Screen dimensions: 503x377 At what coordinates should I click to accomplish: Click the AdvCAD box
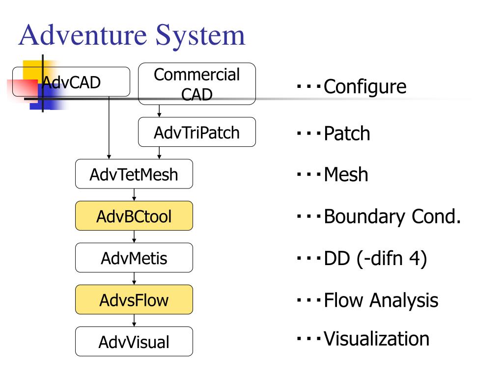click(71, 82)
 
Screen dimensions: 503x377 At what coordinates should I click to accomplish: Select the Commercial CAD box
click(197, 83)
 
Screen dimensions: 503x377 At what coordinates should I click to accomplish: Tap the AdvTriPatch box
click(197, 132)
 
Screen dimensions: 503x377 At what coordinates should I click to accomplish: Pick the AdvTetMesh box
click(134, 174)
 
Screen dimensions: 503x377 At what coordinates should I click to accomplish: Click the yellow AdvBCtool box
click(134, 216)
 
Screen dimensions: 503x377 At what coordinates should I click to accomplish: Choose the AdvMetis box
click(134, 258)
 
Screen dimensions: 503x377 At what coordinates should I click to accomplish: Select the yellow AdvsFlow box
click(134, 300)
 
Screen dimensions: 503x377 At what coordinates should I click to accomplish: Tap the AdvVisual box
click(134, 342)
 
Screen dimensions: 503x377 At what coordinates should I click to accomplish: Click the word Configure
click(365, 86)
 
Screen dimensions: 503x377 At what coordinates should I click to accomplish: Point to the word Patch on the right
click(347, 133)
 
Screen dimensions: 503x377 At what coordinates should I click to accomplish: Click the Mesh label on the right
click(346, 174)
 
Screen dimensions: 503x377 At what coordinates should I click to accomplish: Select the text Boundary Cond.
click(392, 216)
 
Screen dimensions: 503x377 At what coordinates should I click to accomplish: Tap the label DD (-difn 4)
click(375, 258)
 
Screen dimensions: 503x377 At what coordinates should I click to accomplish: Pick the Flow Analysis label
click(381, 300)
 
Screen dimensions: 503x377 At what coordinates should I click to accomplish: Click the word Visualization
click(376, 339)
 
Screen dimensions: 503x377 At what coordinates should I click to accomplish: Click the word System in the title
click(200, 36)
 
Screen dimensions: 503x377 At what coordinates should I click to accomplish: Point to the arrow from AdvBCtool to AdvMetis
click(134, 237)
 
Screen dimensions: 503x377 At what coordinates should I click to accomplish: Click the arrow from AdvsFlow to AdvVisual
click(134, 320)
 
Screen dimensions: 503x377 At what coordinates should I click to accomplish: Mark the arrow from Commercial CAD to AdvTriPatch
click(159, 111)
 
